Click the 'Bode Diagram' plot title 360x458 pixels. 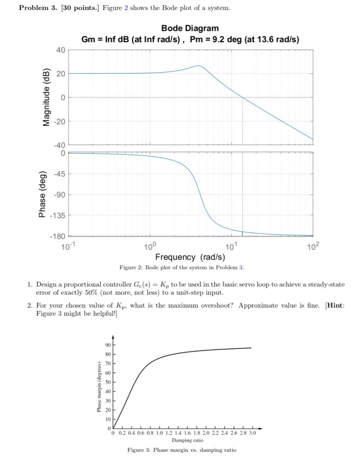coord(190,28)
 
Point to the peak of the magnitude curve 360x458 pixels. coord(198,66)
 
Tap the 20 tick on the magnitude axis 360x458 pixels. coord(60,74)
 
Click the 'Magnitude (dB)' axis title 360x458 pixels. coord(46,97)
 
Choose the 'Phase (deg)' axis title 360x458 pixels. coord(42,194)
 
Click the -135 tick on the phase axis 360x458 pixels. coord(58,215)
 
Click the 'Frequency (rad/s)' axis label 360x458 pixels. coord(190,257)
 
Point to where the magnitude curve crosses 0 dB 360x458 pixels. coord(242,97)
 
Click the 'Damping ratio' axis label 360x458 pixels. coord(187,440)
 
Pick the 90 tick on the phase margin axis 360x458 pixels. coord(108,345)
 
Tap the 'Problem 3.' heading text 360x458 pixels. coord(38,8)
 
